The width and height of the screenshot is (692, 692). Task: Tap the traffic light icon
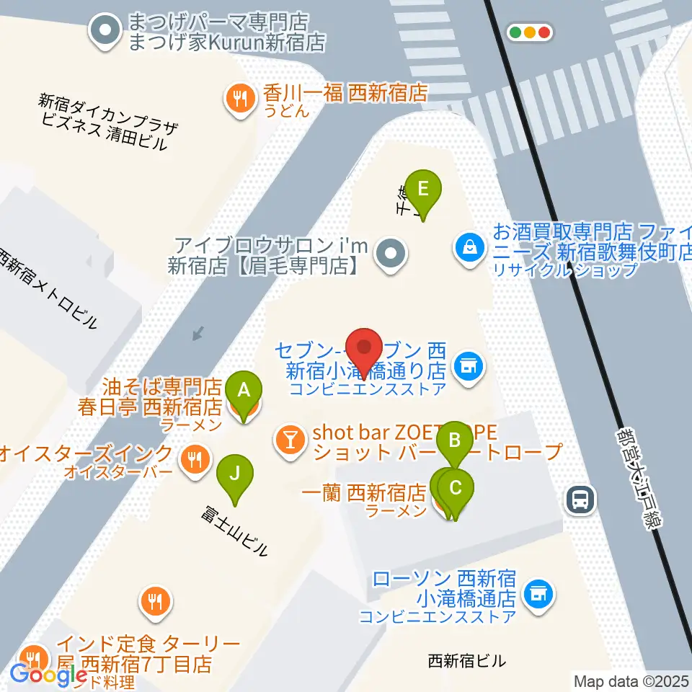[530, 32]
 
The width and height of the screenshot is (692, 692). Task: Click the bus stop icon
[580, 499]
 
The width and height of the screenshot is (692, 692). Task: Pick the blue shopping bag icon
[469, 247]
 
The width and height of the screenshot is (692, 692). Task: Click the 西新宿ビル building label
[466, 660]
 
